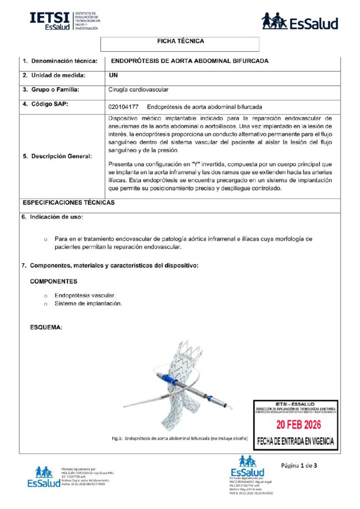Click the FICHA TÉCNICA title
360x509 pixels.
coord(180,41)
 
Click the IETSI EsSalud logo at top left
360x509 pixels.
coord(65,21)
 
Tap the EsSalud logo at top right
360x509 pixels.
coord(300,21)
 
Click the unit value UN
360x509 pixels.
coord(112,75)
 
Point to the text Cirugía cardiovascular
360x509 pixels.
coord(138,90)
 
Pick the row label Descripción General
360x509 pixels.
coord(58,157)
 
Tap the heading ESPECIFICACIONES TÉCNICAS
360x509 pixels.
coord(69,203)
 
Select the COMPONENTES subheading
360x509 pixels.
coord(54,281)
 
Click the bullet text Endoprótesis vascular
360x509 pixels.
coord(85,295)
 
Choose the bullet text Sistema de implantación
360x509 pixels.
coord(88,303)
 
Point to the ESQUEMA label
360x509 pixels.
coord(46,328)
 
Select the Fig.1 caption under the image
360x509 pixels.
coord(180,438)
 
